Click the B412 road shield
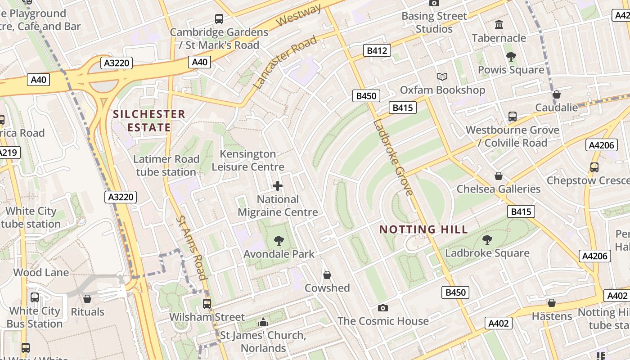(x=377, y=50)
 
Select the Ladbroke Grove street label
(x=392, y=157)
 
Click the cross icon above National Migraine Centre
(x=278, y=186)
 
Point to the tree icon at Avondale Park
(x=279, y=241)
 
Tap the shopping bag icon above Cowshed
(x=327, y=275)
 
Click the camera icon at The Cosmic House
(x=383, y=308)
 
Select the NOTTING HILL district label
(x=423, y=229)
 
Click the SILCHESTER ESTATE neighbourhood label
(x=149, y=121)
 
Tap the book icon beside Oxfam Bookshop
(x=442, y=77)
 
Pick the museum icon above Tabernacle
(x=499, y=25)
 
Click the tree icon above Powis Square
(x=511, y=57)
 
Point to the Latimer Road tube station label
(x=166, y=165)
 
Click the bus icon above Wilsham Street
(x=207, y=304)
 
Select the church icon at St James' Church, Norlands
(x=263, y=322)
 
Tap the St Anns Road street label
(x=192, y=247)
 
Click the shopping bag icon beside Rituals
(x=88, y=299)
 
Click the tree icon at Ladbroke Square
(x=487, y=240)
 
